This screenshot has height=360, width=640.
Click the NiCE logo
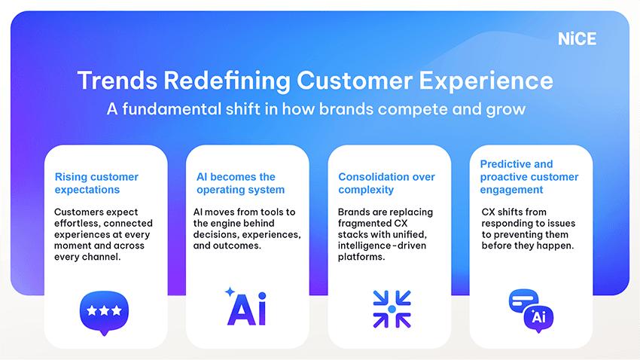click(x=577, y=38)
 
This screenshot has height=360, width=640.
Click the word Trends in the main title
click(x=117, y=81)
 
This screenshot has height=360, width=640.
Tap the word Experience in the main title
click(x=486, y=81)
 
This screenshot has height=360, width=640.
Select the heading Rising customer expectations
click(x=96, y=183)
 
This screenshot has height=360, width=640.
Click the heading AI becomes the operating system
click(x=240, y=183)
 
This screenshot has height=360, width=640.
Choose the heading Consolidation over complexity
click(x=386, y=183)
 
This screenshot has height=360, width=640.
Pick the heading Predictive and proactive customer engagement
click(x=529, y=177)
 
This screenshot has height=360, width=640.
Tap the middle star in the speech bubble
click(x=104, y=311)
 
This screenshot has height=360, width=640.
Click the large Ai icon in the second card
click(x=246, y=309)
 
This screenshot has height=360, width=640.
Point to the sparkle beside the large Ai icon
click(x=230, y=291)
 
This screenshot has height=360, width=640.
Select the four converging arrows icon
click(x=392, y=309)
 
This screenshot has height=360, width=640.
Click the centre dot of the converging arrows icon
click(x=392, y=309)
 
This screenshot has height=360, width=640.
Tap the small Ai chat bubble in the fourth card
click(x=538, y=319)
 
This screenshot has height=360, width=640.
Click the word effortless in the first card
click(x=78, y=223)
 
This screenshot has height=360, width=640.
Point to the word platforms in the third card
click(x=361, y=257)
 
